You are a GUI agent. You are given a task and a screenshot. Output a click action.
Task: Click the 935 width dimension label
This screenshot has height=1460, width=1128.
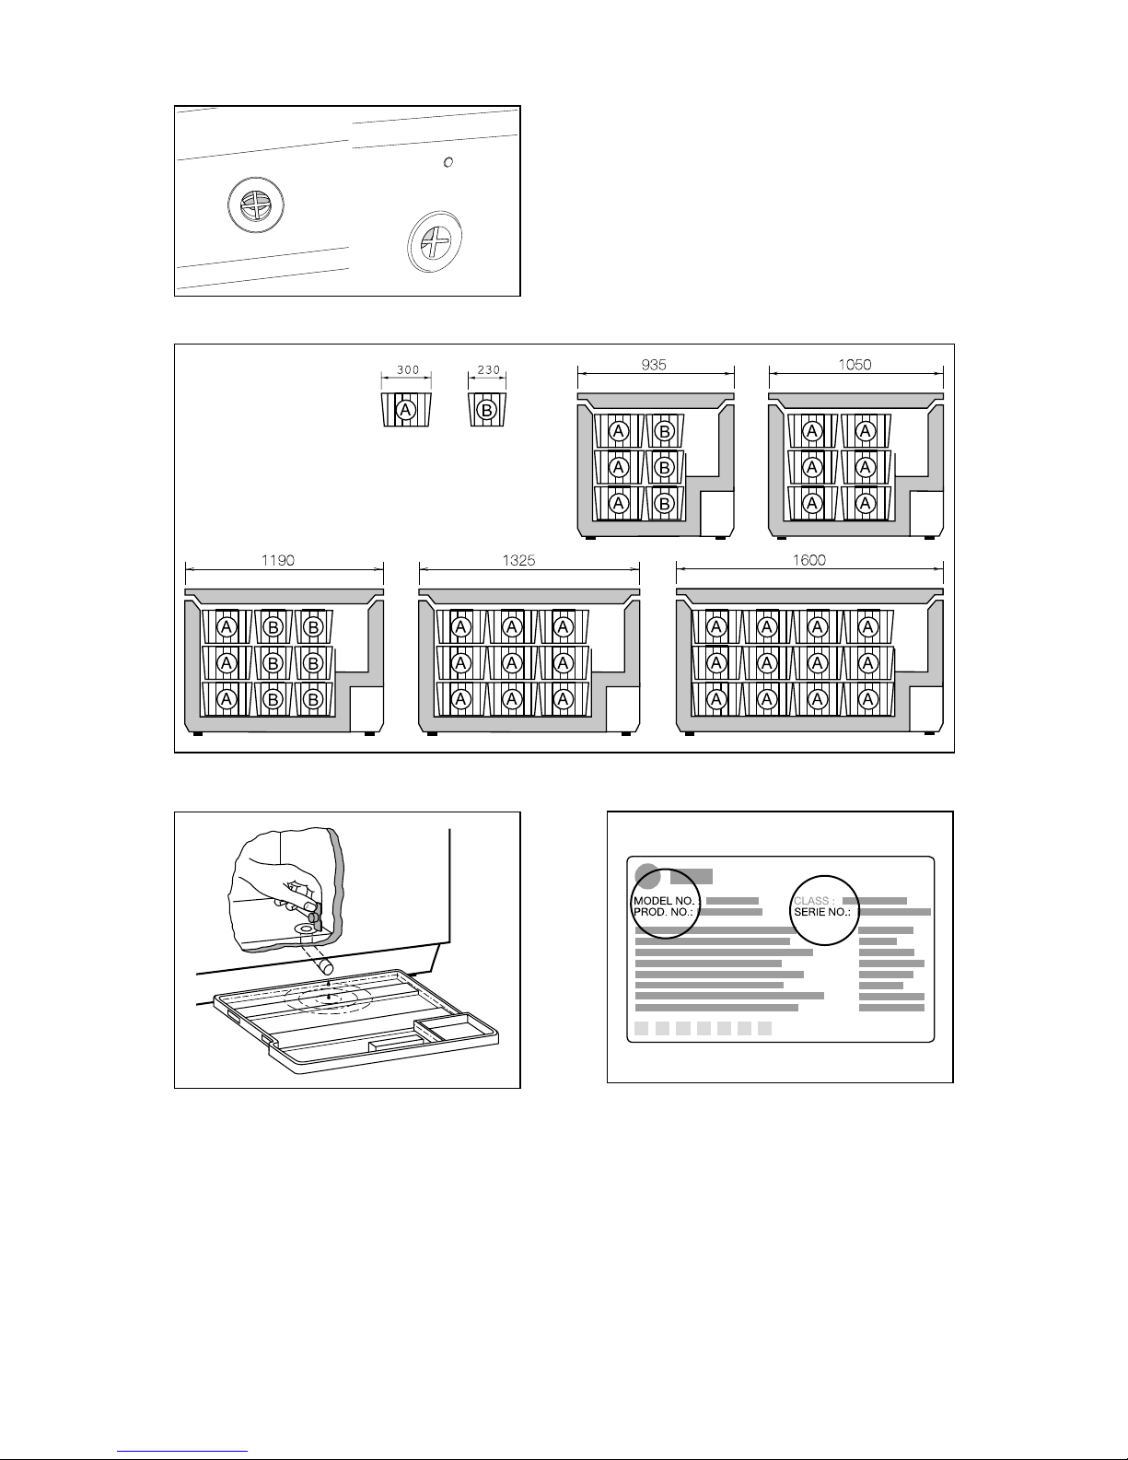pos(655,364)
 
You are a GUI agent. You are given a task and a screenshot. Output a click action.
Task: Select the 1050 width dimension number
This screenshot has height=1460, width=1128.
pos(855,364)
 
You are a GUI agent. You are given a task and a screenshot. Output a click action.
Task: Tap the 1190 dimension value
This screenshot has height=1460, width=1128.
pos(277,561)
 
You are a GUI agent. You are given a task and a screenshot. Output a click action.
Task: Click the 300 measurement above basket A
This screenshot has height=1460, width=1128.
pos(407,369)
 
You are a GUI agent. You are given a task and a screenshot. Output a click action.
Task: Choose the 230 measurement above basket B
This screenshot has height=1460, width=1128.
pos(488,369)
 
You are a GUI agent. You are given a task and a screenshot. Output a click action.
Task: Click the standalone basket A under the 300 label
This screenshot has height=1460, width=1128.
pos(406,409)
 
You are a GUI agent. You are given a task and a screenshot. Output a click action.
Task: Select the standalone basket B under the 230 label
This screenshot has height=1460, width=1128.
pos(488,409)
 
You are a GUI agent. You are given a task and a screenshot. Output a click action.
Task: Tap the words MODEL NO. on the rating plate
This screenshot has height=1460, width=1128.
pos(664,900)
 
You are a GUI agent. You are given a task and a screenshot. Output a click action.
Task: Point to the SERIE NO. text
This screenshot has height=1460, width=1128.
pos(822,912)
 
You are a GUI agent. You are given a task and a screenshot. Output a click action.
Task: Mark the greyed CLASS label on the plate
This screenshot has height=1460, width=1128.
pos(815,900)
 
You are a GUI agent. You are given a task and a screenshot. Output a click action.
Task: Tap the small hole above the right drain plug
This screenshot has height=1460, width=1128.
pos(448,162)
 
